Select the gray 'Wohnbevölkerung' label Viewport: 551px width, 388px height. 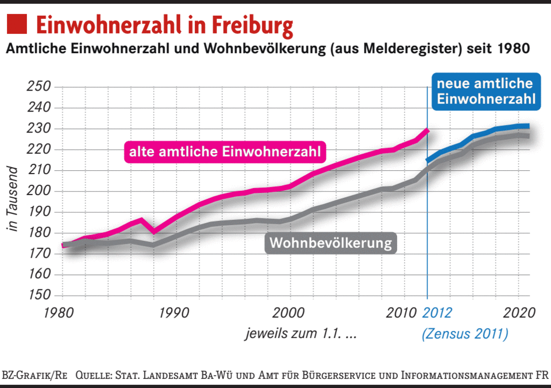click(331, 243)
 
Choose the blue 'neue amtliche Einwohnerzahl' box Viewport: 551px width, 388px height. click(486, 92)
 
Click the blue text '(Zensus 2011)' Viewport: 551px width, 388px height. click(465, 334)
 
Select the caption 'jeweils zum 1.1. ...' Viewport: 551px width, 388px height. click(301, 334)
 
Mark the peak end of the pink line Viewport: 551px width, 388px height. click(427, 130)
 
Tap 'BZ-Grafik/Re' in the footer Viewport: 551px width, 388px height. click(35, 375)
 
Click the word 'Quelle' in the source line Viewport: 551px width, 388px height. click(93, 375)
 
